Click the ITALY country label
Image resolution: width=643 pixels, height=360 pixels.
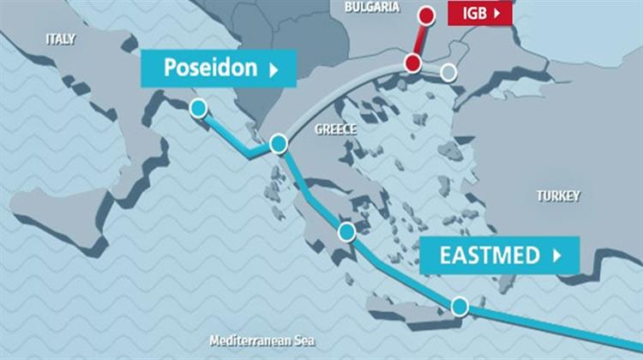click(61, 39)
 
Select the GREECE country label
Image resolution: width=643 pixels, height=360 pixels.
click(335, 129)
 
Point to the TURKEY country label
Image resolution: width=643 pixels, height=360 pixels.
click(558, 196)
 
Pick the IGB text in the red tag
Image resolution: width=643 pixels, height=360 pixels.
click(474, 13)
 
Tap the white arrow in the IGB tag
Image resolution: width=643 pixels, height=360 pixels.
click(498, 13)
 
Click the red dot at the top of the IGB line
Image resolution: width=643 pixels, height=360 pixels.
click(426, 15)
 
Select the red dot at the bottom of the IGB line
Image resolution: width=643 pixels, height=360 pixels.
click(413, 63)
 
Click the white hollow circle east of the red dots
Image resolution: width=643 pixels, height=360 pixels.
click(448, 72)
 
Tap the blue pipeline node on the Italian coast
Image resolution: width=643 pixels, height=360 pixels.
click(198, 108)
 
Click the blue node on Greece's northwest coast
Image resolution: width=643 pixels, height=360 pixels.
click(278, 144)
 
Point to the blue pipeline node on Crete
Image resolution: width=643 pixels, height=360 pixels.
click(460, 305)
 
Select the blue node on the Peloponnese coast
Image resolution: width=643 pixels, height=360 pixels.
click(346, 231)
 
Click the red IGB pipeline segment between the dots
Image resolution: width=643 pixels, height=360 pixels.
click(420, 39)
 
